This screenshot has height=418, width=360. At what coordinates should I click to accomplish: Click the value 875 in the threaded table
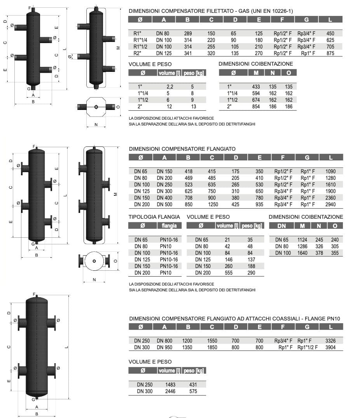330,54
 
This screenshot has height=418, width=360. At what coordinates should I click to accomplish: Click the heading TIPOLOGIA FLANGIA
154,217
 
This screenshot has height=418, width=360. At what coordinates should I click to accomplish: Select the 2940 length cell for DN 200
330,204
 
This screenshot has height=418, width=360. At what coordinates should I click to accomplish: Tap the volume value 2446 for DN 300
170,391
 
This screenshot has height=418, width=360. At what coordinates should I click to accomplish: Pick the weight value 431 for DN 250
193,385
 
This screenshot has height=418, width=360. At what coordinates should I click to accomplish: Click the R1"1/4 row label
141,40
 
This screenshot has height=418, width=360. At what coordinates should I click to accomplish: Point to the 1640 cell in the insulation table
302,253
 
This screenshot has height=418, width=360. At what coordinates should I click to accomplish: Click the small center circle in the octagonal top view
96,107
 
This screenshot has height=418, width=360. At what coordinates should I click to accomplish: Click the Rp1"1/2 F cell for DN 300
308,347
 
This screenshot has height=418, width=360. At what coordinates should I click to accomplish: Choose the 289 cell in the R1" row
188,33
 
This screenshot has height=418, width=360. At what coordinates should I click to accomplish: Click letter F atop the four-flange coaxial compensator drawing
34,294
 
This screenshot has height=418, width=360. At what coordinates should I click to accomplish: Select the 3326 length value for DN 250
330,341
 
